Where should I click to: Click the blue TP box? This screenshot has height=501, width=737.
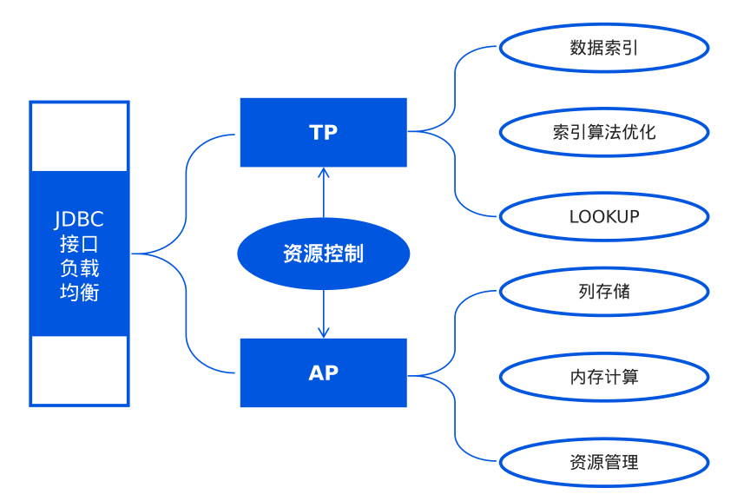pyautogui.click(x=323, y=132)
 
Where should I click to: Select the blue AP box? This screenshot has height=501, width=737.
pyautogui.click(x=323, y=372)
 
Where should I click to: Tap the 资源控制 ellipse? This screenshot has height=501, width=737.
pyautogui.click(x=323, y=254)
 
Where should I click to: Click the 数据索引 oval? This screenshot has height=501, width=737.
pyautogui.click(x=604, y=48)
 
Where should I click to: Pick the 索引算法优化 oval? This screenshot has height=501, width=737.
pyautogui.click(x=604, y=132)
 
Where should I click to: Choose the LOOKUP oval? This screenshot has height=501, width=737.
pyautogui.click(x=604, y=216)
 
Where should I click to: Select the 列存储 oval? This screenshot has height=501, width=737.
pyautogui.click(x=604, y=292)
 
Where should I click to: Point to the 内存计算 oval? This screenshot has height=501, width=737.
pyautogui.click(x=604, y=376)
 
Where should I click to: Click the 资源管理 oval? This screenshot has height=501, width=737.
pyautogui.click(x=604, y=462)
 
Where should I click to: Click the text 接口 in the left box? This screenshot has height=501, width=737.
pyautogui.click(x=79, y=244)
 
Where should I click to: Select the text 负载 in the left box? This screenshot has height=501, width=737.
pyautogui.click(x=79, y=268)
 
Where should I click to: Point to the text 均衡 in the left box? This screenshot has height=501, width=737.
pyautogui.click(x=79, y=293)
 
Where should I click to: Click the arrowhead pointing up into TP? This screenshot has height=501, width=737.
pyautogui.click(x=324, y=172)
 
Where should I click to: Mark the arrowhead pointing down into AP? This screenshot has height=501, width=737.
pyautogui.click(x=324, y=333)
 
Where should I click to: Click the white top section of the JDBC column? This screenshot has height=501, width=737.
pyautogui.click(x=79, y=137)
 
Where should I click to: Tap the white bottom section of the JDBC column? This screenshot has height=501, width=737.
pyautogui.click(x=79, y=370)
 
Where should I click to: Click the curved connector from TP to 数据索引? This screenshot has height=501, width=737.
pyautogui.click(x=454, y=87)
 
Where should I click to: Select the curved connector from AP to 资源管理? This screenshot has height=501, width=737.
pyautogui.click(x=455, y=421)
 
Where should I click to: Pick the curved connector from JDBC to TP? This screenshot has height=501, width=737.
pyautogui.click(x=187, y=191)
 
